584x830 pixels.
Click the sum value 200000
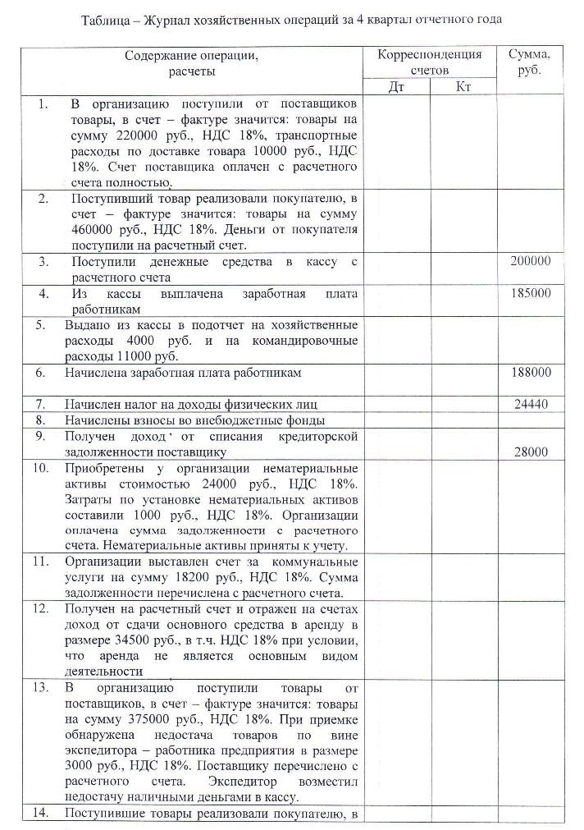[x=530, y=262]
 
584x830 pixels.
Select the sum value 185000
[x=530, y=293]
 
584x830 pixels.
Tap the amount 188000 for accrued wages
[x=530, y=372]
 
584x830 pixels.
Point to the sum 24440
[x=533, y=404]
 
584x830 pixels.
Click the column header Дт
[x=396, y=86]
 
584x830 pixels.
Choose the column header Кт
[x=463, y=86]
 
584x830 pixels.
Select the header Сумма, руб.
[x=530, y=62]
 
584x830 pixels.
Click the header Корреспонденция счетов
[x=429, y=62]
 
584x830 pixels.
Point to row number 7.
[x=42, y=404]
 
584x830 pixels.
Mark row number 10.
[x=40, y=468]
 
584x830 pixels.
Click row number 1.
[x=42, y=104]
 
